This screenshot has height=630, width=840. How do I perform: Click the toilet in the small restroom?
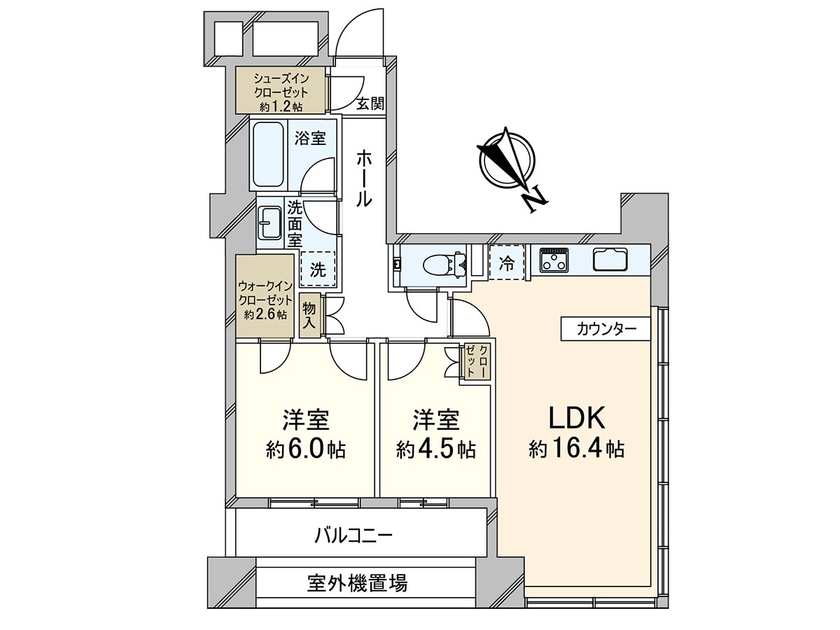coord(440,265)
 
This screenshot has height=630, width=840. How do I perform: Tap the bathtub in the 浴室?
coord(268,154)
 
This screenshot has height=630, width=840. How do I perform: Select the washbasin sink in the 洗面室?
coord(269,223)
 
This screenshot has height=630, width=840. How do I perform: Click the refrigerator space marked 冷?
coord(507,262)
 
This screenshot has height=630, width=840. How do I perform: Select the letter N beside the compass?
coord(536,199)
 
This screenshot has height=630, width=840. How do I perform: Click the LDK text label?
coord(575,418)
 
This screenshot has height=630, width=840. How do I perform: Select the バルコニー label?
coord(353,537)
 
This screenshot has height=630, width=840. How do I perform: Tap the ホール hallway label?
coord(364,178)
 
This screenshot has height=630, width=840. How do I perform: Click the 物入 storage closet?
coord(309,317)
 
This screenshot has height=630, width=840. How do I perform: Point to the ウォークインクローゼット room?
coord(265,297)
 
